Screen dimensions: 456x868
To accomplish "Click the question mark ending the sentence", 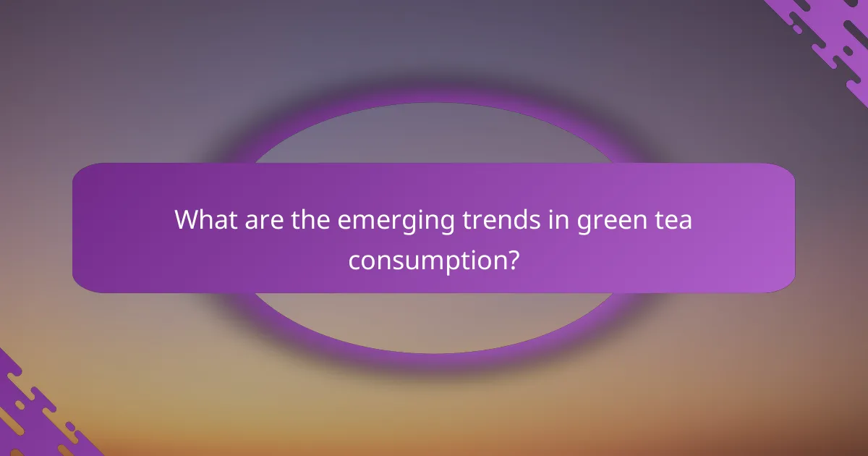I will (x=511, y=258).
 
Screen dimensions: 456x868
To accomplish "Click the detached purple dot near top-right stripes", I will (x=796, y=30).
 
